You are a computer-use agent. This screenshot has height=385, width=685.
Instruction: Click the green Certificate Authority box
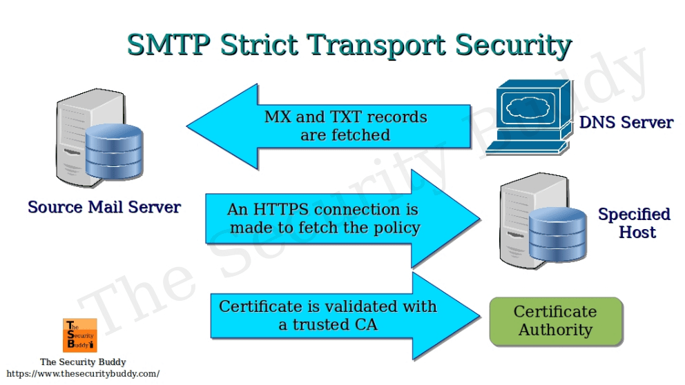555,321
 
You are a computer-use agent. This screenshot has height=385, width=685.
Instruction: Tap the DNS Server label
626,123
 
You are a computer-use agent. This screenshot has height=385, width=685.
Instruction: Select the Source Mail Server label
104,207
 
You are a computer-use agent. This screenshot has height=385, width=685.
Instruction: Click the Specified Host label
634,223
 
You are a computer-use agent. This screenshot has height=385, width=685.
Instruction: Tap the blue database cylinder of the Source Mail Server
115,152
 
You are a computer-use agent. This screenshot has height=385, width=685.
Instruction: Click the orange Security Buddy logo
79,335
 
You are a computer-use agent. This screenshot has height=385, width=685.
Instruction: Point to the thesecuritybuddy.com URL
82,373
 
